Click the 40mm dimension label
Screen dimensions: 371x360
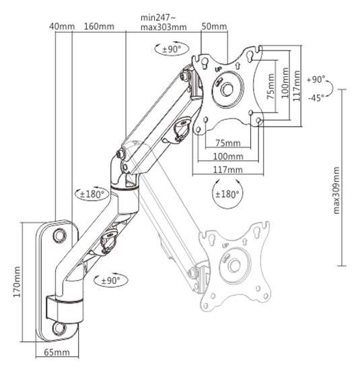62,26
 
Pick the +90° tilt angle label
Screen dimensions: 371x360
316,79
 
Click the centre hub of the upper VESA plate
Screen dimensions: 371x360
227,90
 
